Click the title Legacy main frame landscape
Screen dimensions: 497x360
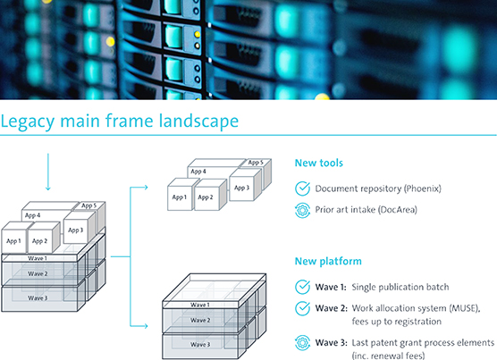point(120,121)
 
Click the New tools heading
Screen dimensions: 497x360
point(319,163)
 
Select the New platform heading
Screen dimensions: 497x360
point(328,261)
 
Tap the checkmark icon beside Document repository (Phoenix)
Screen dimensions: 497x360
point(302,188)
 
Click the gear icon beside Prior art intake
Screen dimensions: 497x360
point(302,210)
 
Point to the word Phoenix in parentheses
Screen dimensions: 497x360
point(423,188)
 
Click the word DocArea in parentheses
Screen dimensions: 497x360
point(399,210)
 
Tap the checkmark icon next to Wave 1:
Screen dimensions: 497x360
point(302,287)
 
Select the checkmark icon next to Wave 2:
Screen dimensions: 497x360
point(302,308)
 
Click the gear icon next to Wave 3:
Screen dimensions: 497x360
point(302,343)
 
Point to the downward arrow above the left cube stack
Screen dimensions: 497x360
point(48,172)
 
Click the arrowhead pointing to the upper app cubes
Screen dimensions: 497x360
point(145,187)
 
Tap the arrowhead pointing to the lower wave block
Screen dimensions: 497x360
point(145,326)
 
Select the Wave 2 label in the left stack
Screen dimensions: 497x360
point(38,274)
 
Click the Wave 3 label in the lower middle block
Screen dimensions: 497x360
point(200,345)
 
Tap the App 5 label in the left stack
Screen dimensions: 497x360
point(88,205)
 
